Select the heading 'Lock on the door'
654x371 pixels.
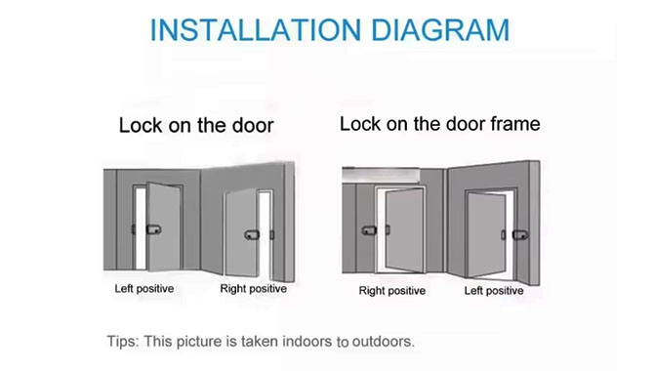point(196,126)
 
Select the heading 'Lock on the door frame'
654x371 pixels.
point(439,125)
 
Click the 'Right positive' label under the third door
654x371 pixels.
point(392,290)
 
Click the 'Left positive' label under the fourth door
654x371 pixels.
point(494,290)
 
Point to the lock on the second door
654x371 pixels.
point(253,234)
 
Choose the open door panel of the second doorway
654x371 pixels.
point(240,234)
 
